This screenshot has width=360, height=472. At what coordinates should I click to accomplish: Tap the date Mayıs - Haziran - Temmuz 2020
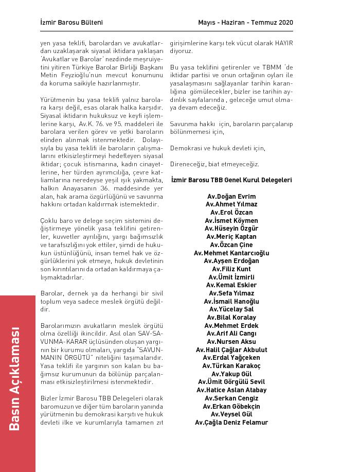pyautogui.click(x=245, y=23)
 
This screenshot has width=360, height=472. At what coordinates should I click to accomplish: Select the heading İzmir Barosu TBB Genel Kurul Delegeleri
pyautogui.click(x=231, y=180)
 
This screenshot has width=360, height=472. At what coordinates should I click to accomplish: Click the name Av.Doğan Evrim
pyautogui.click(x=231, y=197)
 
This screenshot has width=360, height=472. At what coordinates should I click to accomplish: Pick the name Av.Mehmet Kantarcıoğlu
pyautogui.click(x=231, y=253)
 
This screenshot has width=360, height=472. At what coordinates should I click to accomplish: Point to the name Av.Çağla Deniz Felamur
pyautogui.click(x=231, y=423)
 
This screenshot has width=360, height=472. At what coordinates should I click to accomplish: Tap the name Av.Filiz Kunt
pyautogui.click(x=231, y=269)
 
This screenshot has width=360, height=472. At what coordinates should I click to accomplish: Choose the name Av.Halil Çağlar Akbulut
pyautogui.click(x=231, y=350)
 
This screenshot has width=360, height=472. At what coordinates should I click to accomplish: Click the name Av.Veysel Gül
pyautogui.click(x=231, y=414)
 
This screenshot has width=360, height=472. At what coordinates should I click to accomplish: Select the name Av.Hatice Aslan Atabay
pyautogui.click(x=231, y=390)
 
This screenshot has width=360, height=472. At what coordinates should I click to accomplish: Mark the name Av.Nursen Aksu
pyautogui.click(x=231, y=342)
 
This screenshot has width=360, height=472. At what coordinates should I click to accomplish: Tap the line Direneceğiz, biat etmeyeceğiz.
pyautogui.click(x=214, y=164)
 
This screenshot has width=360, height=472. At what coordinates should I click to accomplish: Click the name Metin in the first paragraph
pyautogui.click(x=49, y=76)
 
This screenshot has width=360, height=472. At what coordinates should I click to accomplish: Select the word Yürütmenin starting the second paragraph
pyautogui.click(x=57, y=100)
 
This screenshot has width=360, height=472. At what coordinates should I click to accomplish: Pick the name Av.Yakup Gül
pyautogui.click(x=231, y=374)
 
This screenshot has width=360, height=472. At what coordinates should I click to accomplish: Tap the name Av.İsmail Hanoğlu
pyautogui.click(x=231, y=302)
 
